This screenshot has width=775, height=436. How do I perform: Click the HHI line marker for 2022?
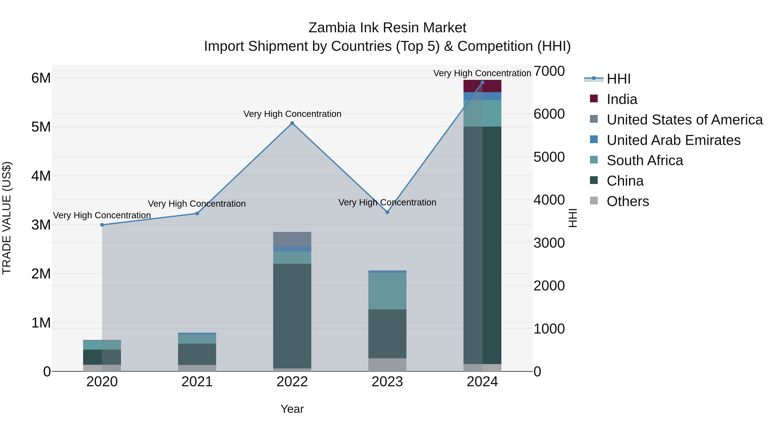pyautogui.click(x=292, y=123)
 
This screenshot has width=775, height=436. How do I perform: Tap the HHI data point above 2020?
pyautogui.click(x=102, y=225)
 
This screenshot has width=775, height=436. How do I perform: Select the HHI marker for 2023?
pyautogui.click(x=387, y=212)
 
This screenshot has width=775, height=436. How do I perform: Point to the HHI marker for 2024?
pyautogui.click(x=482, y=82)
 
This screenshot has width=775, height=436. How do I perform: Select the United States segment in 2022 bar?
pyautogui.click(x=292, y=239)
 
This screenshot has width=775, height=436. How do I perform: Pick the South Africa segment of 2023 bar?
pyautogui.click(x=387, y=291)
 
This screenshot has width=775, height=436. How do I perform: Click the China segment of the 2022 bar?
pyautogui.click(x=292, y=316)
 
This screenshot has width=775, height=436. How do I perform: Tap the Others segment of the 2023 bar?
pyautogui.click(x=387, y=365)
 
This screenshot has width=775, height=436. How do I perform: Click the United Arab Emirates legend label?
pyautogui.click(x=674, y=140)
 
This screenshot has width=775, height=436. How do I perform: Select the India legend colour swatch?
pyautogui.click(x=594, y=99)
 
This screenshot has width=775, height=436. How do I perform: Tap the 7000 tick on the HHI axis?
pyautogui.click(x=549, y=71)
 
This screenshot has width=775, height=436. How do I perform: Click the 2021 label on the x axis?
pyautogui.click(x=197, y=382)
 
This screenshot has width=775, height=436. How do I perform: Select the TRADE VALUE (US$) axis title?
pyautogui.click(x=7, y=218)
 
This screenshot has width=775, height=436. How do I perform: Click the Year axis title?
pyautogui.click(x=292, y=409)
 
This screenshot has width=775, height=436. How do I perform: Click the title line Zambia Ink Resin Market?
pyautogui.click(x=387, y=28)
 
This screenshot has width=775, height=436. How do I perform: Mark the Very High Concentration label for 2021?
pyautogui.click(x=197, y=204)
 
